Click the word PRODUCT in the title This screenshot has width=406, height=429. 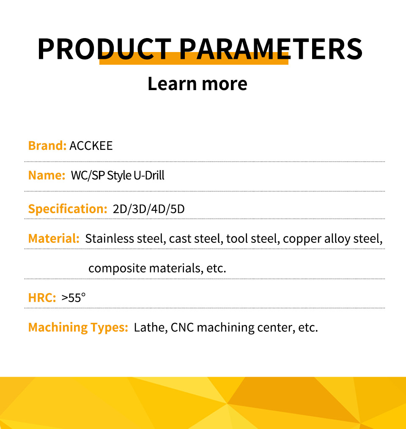(x=104, y=49)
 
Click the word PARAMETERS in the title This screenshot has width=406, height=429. (x=271, y=49)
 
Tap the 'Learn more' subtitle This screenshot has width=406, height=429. (x=198, y=83)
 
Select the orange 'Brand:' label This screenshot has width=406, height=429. (x=47, y=146)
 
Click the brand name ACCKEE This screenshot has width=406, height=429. (x=91, y=146)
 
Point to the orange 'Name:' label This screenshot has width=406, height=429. (x=47, y=175)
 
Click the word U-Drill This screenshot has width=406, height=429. (x=149, y=175)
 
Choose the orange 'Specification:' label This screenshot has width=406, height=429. (x=68, y=209)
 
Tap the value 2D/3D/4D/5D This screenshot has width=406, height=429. (x=149, y=209)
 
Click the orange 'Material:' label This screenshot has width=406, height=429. (x=54, y=239)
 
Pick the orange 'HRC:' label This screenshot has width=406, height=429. (x=42, y=298)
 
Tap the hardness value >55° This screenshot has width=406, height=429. (x=74, y=297)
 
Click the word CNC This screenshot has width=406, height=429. (x=182, y=327)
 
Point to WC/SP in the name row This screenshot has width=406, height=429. (x=88, y=175)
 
